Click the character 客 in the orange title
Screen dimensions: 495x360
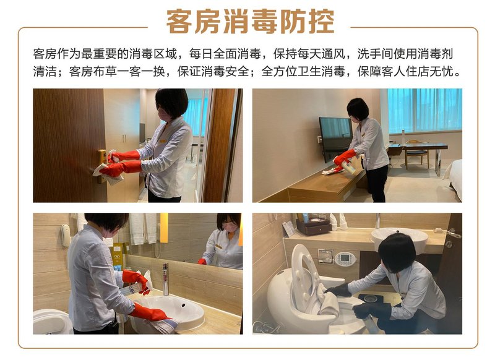(x=179, y=21)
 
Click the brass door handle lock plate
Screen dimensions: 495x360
(x=101, y=165)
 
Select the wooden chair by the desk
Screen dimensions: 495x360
(x=416, y=153)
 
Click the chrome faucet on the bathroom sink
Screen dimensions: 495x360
(x=165, y=279)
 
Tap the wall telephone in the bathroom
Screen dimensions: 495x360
(x=66, y=235)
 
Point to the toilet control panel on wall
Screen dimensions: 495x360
(x=345, y=259)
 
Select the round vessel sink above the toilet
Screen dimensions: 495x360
(x=399, y=239)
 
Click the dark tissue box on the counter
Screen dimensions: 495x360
(x=312, y=226)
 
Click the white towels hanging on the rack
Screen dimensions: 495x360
(x=143, y=228)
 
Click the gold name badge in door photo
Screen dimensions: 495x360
(x=163, y=141)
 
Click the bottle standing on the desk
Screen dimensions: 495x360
(x=403, y=137)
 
